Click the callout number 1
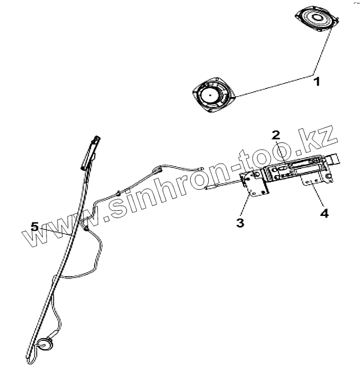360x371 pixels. point(316,82)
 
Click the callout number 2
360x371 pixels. point(275,135)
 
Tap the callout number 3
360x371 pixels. point(240,222)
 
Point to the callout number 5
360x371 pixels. point(34,227)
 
